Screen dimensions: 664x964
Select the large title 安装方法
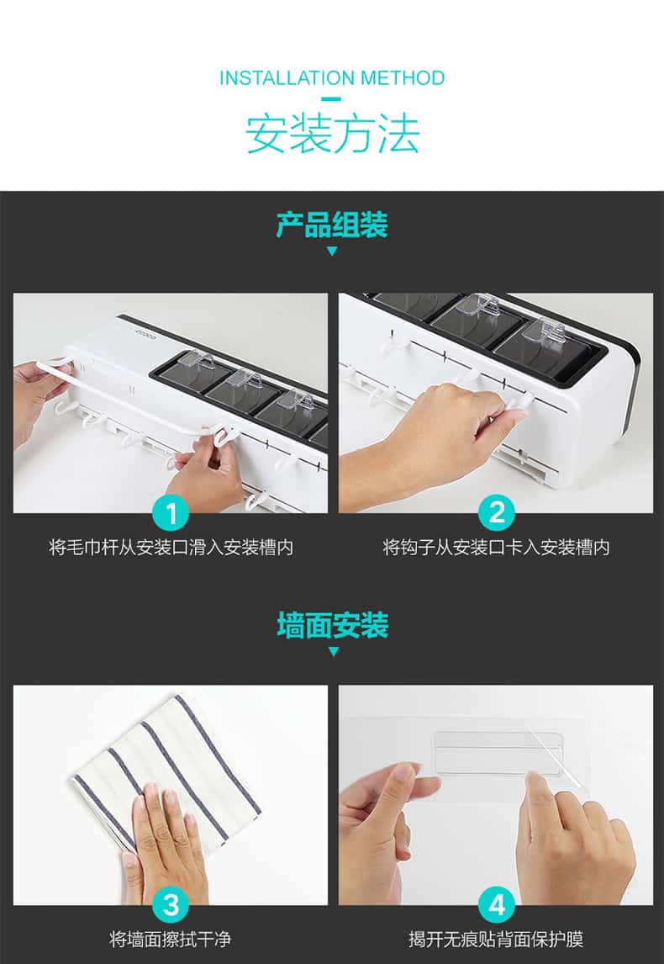tap(332, 132)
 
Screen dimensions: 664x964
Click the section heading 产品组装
tap(332, 225)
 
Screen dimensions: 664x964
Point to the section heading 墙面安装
tap(332, 625)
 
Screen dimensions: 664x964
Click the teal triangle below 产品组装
tap(332, 252)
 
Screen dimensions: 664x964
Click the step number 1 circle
tap(171, 513)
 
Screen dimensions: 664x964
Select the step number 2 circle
tap(496, 513)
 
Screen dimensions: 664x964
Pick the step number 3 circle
tap(171, 905)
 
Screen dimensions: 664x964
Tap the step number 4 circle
tap(496, 905)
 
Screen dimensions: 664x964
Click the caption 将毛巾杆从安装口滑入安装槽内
tap(171, 547)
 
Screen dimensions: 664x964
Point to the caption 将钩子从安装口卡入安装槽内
tap(496, 547)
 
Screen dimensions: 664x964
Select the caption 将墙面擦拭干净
tap(171, 940)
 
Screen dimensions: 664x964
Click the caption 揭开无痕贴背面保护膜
tap(496, 940)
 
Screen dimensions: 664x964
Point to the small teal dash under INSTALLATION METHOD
tap(332, 98)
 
